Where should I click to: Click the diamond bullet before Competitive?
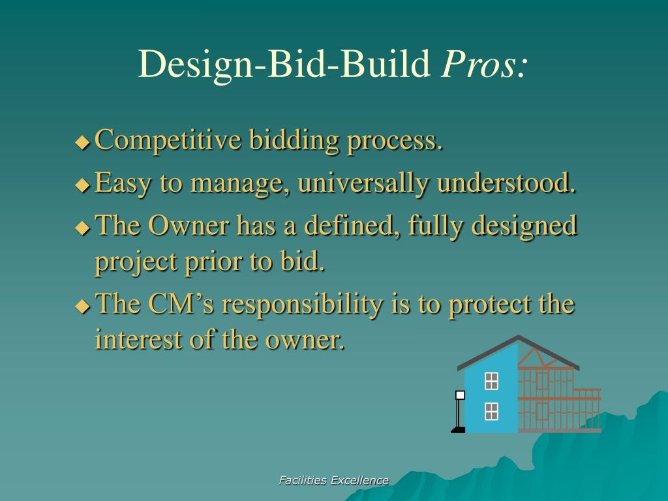point(83,142)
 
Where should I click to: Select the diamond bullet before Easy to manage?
point(83,185)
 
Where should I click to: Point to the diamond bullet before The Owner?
point(83,228)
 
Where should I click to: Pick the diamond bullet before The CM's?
point(83,307)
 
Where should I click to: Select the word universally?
point(363,183)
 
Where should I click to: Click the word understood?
point(506,183)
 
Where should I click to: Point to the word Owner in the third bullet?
point(189,225)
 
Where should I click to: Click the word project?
point(136,262)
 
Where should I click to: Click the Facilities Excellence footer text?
point(333,481)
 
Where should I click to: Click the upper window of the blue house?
point(492,381)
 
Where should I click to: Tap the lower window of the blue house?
point(492,411)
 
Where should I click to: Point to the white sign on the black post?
point(460,395)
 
